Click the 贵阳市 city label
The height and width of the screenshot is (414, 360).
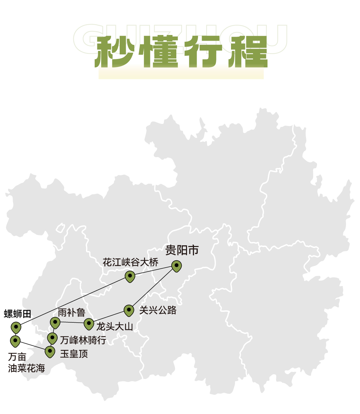pos(182,250)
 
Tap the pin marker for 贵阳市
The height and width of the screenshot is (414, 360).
pos(177,266)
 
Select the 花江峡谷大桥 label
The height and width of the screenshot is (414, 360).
pos(130,262)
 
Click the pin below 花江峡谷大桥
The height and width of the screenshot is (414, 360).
pos(130,276)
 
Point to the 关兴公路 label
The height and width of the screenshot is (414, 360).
pos(158,310)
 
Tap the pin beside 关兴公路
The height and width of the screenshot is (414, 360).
pos(129,310)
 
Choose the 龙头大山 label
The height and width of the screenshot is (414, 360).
pos(115,326)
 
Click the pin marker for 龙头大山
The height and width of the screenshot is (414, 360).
pos(89,324)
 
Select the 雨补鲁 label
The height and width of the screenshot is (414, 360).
pos(72,313)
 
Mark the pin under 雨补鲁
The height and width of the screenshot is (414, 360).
pos(55,322)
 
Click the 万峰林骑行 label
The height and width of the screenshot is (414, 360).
pos(83,340)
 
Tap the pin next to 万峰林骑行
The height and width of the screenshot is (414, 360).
pos(52,338)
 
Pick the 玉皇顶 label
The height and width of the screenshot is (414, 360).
pos(74,354)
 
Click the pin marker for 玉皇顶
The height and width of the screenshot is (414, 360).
pos(50,351)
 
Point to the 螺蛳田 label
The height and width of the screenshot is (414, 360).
pos(18,314)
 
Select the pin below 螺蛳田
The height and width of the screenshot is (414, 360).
pos(16,327)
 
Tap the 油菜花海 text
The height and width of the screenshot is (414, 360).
pos(26,368)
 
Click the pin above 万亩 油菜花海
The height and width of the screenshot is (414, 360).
pos(15,341)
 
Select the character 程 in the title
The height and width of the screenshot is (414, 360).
pos(248,52)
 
